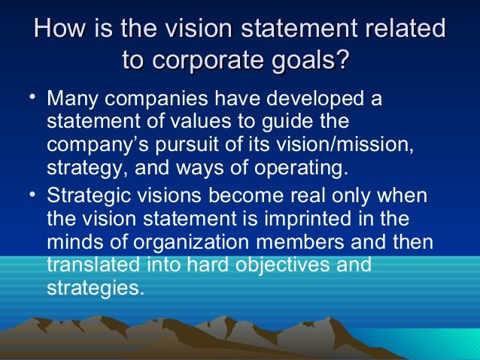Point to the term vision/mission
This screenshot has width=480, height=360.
pyautogui.click(x=363, y=144)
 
